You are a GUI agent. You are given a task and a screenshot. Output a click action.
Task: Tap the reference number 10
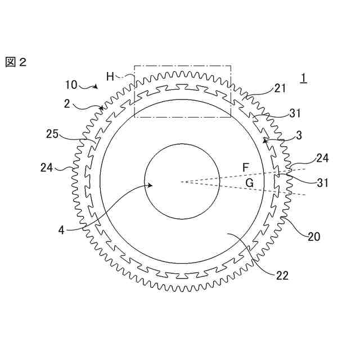71,85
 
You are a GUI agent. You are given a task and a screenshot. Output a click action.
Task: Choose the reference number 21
280,88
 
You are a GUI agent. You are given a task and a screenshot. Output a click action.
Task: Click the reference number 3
298,136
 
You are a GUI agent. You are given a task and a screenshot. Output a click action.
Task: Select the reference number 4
61,230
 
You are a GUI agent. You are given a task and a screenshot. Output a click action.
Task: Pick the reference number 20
313,237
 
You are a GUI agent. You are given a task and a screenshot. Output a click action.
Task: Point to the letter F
245,168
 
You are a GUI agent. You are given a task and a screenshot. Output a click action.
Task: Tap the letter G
249,183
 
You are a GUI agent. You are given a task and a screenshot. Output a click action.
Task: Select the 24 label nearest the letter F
322,159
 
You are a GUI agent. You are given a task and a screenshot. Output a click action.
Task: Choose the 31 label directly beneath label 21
295,113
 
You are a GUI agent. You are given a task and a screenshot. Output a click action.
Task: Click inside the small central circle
182,181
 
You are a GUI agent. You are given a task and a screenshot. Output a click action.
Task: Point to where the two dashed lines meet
181,181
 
